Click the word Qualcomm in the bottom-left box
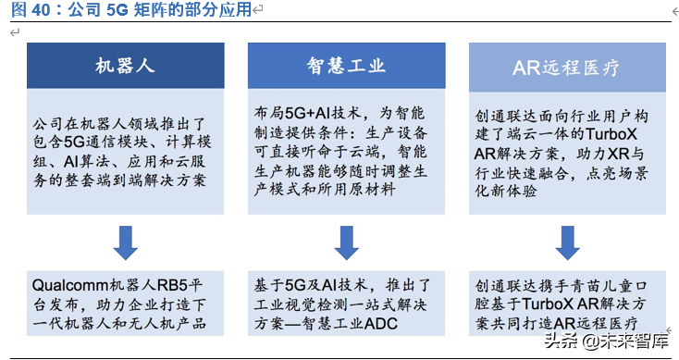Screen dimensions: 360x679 68,283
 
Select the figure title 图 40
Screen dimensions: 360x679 26,11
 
